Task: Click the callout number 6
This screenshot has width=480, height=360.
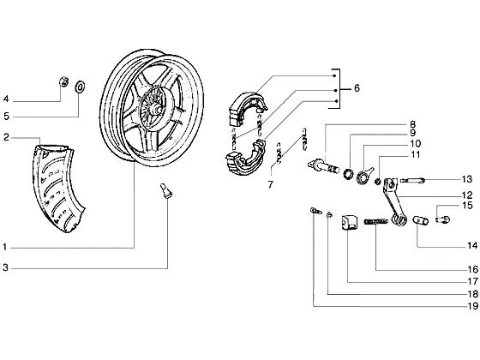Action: click(x=357, y=88)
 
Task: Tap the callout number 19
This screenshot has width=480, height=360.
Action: click(x=473, y=305)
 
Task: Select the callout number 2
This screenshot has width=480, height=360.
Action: click(x=7, y=137)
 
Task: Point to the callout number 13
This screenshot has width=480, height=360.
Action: click(x=467, y=179)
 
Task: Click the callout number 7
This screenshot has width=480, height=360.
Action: click(x=270, y=185)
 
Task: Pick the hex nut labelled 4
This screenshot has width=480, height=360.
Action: click(x=63, y=81)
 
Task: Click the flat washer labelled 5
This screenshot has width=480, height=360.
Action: click(x=80, y=87)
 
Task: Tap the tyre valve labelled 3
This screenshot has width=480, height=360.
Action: click(x=166, y=191)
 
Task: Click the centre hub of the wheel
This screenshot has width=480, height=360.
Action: click(x=157, y=108)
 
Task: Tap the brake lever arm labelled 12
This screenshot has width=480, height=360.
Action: click(x=392, y=201)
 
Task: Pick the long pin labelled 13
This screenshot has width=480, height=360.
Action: click(x=412, y=181)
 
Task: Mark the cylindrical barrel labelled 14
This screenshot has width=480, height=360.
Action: click(x=420, y=220)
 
